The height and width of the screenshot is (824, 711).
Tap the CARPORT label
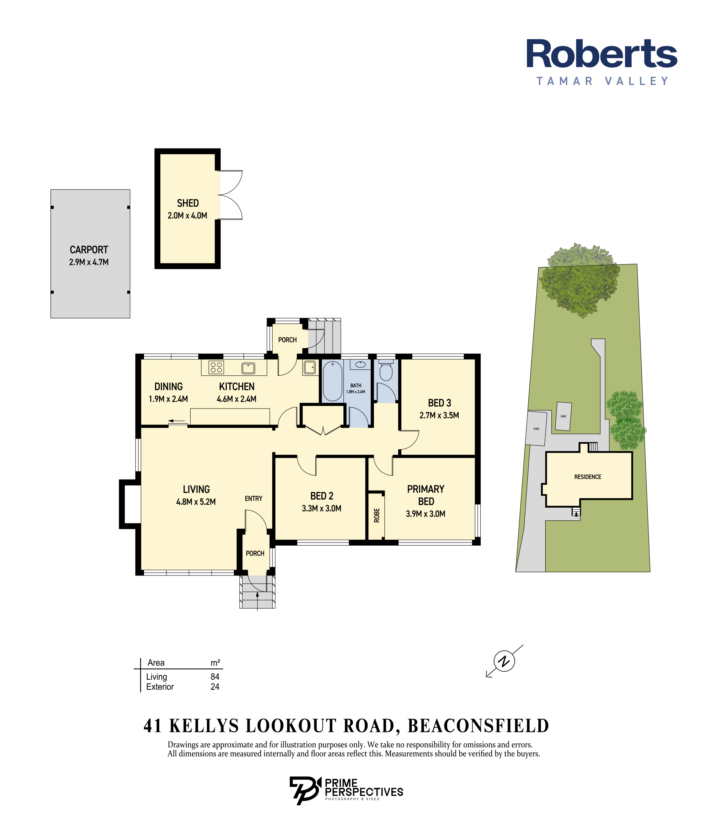point(89,250)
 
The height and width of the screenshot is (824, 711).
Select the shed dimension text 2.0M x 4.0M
point(187,215)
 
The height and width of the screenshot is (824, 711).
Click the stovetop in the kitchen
point(216,368)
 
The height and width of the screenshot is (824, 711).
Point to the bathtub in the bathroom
point(332,381)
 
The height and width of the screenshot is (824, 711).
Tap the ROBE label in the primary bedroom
point(376,515)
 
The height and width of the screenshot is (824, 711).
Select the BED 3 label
point(439,403)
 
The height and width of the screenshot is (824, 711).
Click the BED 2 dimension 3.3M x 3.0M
point(321,508)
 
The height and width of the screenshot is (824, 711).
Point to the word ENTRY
point(254,499)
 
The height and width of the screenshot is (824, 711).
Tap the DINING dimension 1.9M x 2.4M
point(168,399)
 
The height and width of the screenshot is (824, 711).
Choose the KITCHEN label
point(237,386)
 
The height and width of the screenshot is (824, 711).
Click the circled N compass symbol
point(504,661)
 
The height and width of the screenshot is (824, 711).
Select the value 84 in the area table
point(215,676)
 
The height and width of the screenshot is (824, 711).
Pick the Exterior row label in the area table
point(160,687)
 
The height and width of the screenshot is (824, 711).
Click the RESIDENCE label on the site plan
point(588,477)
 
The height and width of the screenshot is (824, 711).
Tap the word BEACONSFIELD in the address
point(479,726)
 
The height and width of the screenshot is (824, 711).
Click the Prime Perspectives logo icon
point(305,791)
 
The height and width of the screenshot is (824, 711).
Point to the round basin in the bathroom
point(360,364)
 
